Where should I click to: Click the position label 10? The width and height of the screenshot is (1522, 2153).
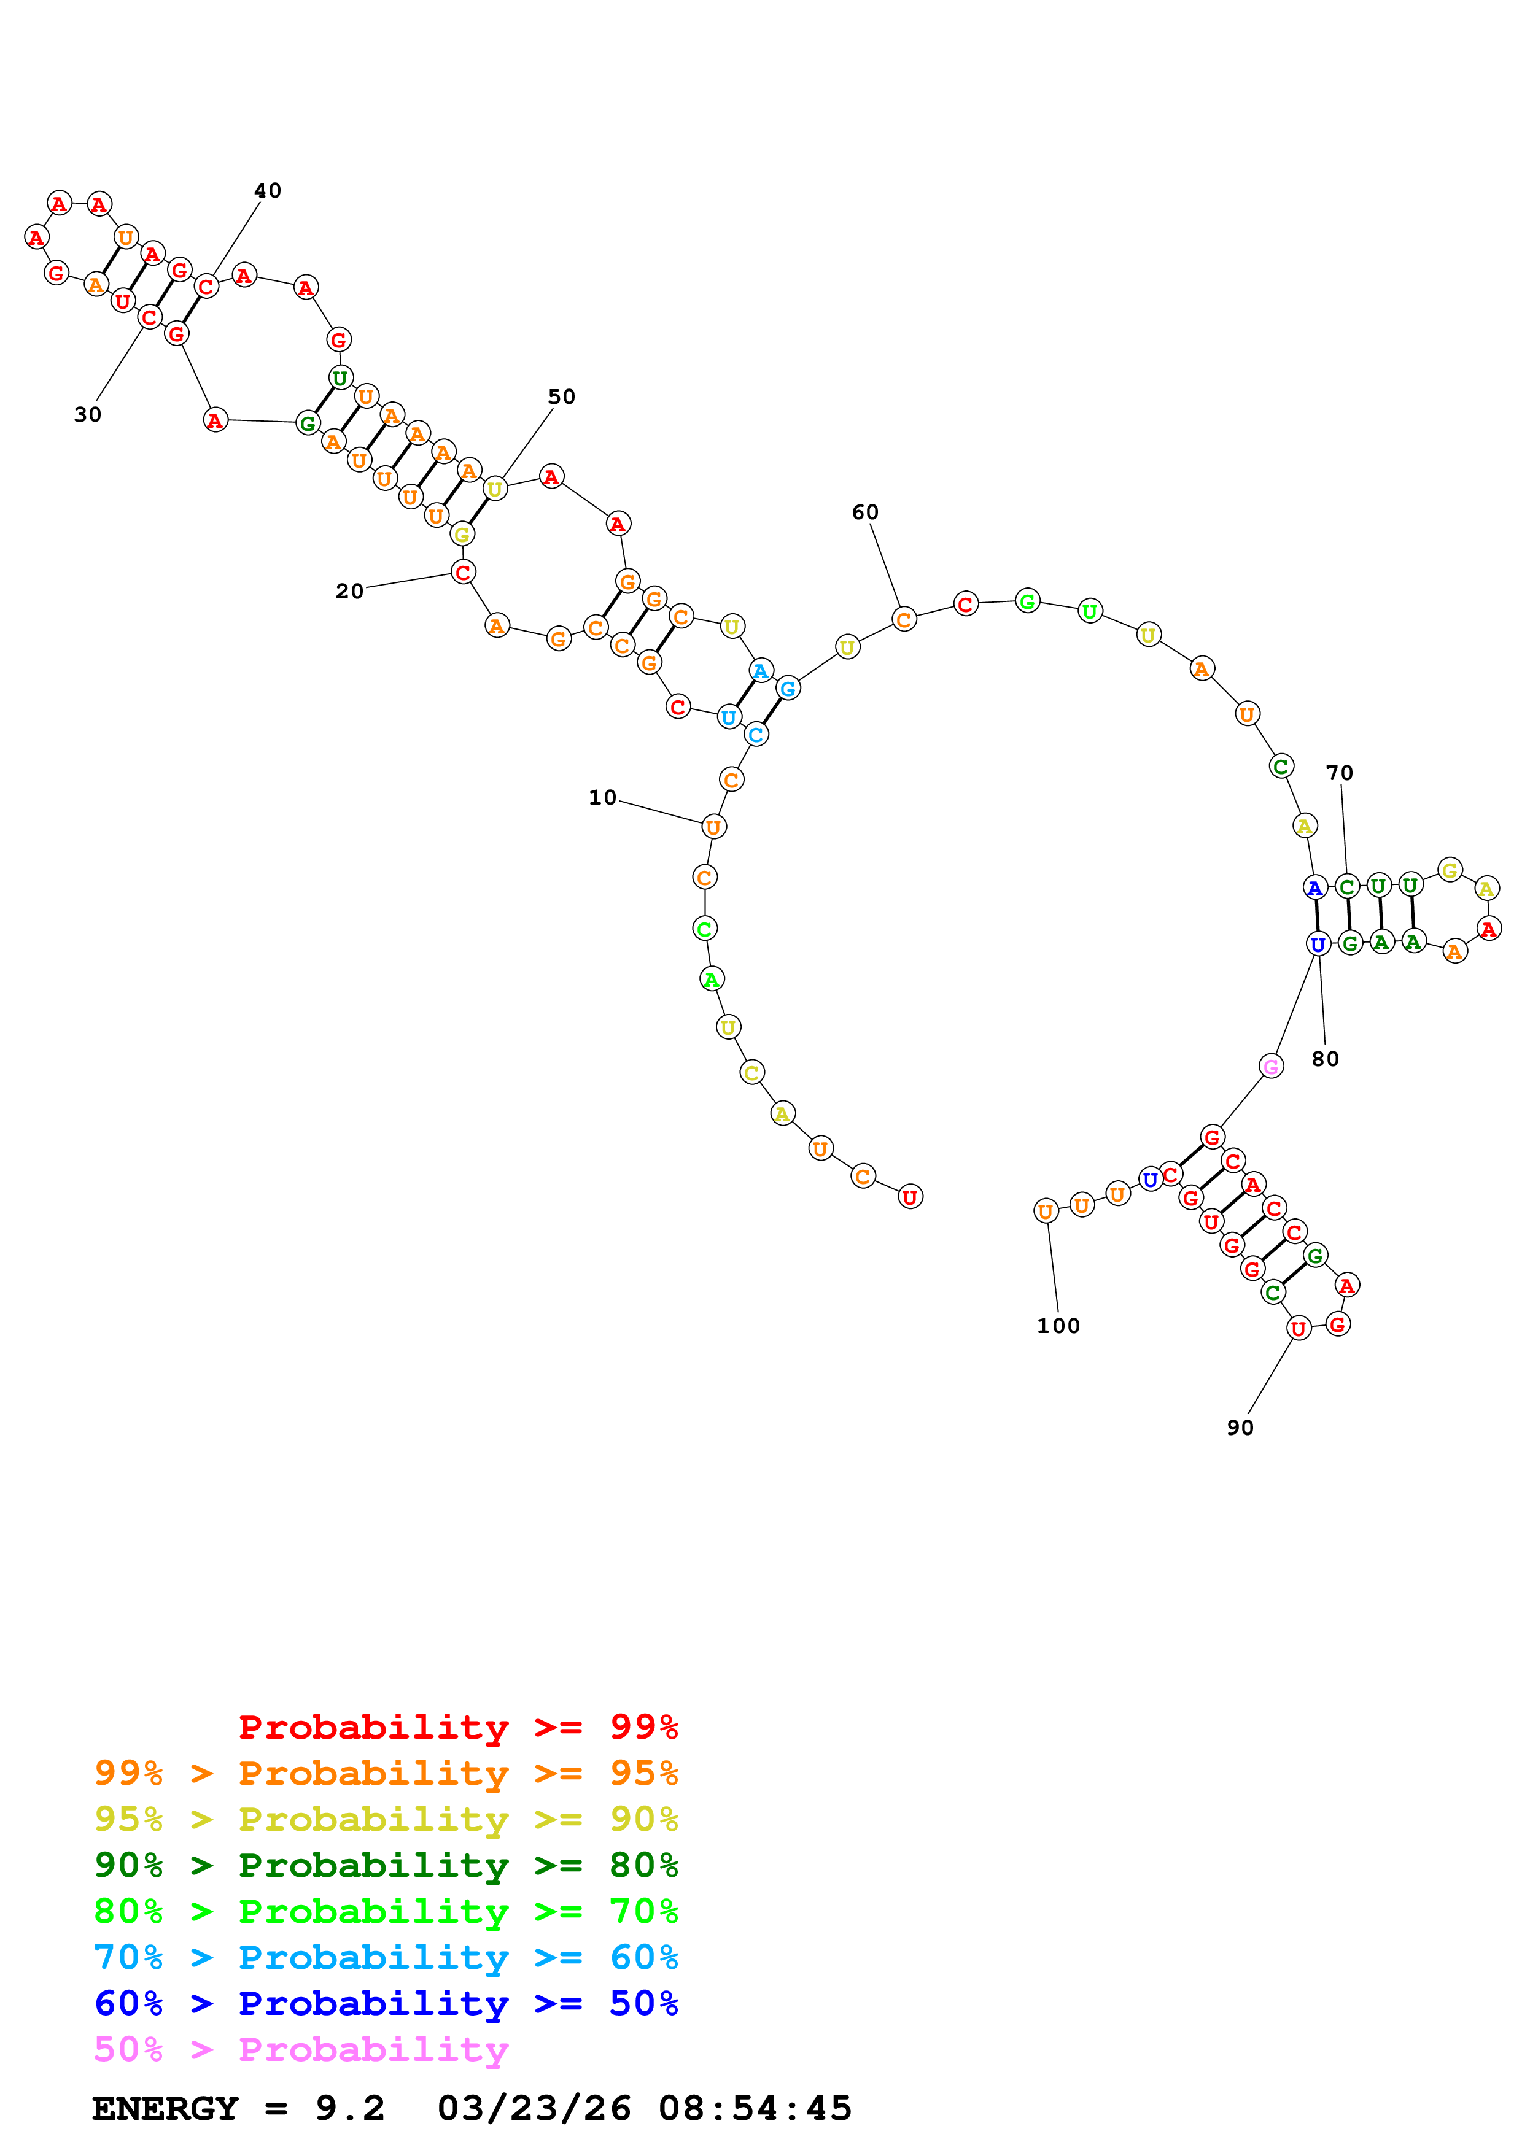[x=602, y=798]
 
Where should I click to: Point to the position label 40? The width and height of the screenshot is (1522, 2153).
[x=267, y=190]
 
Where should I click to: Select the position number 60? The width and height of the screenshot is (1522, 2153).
[x=864, y=512]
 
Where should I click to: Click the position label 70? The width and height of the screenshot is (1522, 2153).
[x=1339, y=773]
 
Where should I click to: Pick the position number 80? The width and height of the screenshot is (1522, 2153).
[x=1325, y=1059]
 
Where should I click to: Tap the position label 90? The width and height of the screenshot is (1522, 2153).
[x=1240, y=1427]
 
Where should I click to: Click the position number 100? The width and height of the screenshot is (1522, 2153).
[x=1058, y=1326]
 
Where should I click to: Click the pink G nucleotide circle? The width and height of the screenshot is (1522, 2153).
[x=1271, y=1066]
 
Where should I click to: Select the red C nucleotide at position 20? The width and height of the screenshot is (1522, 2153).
[x=462, y=572]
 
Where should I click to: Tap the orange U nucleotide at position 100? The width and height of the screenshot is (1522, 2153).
[x=1046, y=1212]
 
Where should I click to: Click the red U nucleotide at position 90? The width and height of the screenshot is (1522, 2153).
[x=1298, y=1328]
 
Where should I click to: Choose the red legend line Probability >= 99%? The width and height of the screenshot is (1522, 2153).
[x=457, y=1727]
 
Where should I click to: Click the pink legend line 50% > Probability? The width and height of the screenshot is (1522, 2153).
[x=301, y=2050]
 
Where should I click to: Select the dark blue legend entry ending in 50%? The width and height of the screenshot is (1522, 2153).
[x=386, y=2004]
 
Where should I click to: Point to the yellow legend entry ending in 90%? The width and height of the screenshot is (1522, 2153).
[x=386, y=1819]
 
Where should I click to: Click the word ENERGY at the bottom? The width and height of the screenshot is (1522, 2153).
[x=165, y=2109]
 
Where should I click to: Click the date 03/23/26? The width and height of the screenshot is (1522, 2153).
[x=534, y=2109]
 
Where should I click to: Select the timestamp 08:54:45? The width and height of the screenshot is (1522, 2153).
[x=755, y=2109]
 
